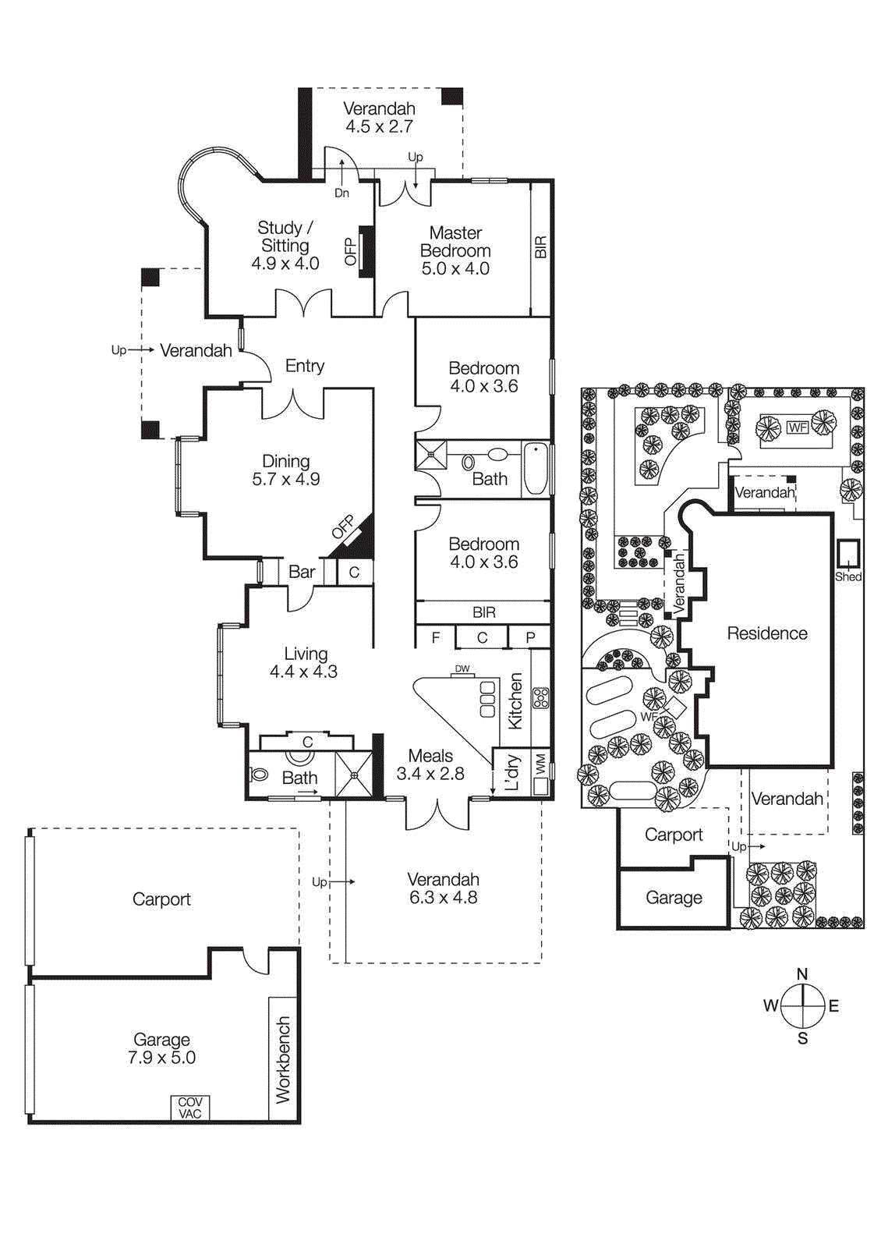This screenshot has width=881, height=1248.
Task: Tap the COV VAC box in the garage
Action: click(x=190, y=1108)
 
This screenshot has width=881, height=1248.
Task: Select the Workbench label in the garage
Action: click(x=282, y=1058)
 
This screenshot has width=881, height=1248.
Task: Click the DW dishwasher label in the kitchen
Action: click(x=462, y=668)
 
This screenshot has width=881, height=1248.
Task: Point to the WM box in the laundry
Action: click(x=540, y=764)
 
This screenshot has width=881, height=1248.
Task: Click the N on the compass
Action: click(x=802, y=973)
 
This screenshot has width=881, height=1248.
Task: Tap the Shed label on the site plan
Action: click(x=847, y=576)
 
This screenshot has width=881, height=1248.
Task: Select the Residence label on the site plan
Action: click(x=767, y=633)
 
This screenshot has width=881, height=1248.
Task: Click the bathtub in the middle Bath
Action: click(x=535, y=468)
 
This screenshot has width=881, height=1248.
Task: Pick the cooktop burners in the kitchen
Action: click(x=540, y=697)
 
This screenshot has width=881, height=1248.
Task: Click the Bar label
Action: click(x=302, y=572)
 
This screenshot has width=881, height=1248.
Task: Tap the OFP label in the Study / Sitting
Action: click(x=350, y=251)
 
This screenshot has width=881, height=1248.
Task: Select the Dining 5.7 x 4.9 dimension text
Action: click(x=286, y=480)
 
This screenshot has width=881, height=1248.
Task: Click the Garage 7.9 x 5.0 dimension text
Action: click(x=161, y=1058)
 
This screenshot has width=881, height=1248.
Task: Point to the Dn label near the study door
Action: click(x=341, y=193)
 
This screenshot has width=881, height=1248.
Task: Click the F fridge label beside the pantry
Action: click(x=436, y=637)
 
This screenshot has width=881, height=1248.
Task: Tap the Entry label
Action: click(x=305, y=366)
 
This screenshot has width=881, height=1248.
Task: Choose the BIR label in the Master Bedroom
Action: click(x=540, y=247)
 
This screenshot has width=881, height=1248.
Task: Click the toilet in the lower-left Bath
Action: click(x=260, y=775)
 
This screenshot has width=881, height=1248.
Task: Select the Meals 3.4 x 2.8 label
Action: click(x=430, y=764)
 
